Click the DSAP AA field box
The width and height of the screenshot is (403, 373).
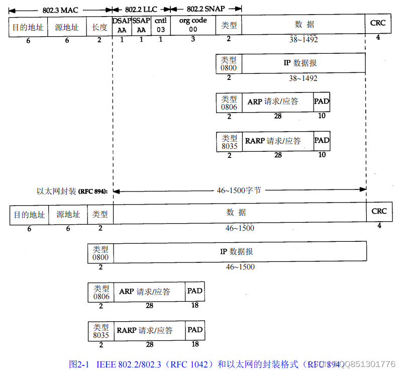click(x=122, y=26)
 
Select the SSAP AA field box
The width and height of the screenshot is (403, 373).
click(x=141, y=26)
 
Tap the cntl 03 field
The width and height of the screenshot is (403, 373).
click(x=160, y=26)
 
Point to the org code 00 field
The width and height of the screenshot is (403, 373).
click(x=193, y=26)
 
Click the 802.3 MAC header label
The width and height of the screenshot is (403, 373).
click(x=60, y=9)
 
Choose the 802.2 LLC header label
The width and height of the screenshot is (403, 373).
click(x=141, y=9)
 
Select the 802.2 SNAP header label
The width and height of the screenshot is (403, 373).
click(x=206, y=9)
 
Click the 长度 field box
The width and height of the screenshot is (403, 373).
click(x=99, y=26)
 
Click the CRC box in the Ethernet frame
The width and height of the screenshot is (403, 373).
click(x=379, y=212)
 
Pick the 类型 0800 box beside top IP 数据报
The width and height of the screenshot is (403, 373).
click(x=229, y=63)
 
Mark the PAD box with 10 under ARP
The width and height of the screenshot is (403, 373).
click(x=322, y=102)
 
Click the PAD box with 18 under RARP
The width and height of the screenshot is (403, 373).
click(x=195, y=330)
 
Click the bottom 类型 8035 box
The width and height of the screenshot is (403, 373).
click(x=101, y=330)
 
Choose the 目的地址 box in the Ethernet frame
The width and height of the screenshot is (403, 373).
click(x=29, y=215)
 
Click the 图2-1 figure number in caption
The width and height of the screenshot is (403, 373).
click(x=79, y=363)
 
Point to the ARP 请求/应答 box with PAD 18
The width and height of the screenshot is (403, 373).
click(x=150, y=292)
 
